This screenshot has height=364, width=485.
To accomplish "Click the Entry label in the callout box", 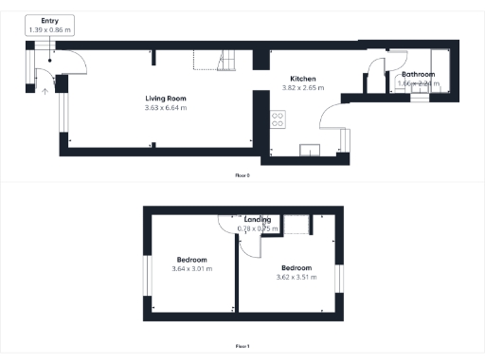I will coord(49,20).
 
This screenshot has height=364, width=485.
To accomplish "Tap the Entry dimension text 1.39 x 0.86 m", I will coord(49,29).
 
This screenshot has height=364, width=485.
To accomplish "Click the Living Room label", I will coord(166,99).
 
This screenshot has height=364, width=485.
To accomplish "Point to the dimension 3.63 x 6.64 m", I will coord(166,108).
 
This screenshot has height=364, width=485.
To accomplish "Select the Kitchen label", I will coord(302,79).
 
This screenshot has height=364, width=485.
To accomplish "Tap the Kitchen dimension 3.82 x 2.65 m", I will coord(302,88).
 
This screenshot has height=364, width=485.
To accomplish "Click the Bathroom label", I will coord(417,74).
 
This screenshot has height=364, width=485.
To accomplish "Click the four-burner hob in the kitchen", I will coord(278,119).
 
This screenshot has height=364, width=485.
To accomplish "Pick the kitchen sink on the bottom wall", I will coord(309,149).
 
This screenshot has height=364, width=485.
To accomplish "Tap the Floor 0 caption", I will coord(242,175).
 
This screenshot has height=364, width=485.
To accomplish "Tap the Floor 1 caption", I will coord(242,347).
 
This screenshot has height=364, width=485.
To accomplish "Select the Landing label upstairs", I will coord(258,220).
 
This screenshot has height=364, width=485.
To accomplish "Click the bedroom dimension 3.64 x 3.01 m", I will coord(191,268).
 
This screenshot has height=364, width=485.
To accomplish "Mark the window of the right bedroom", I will coord(338,280).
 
